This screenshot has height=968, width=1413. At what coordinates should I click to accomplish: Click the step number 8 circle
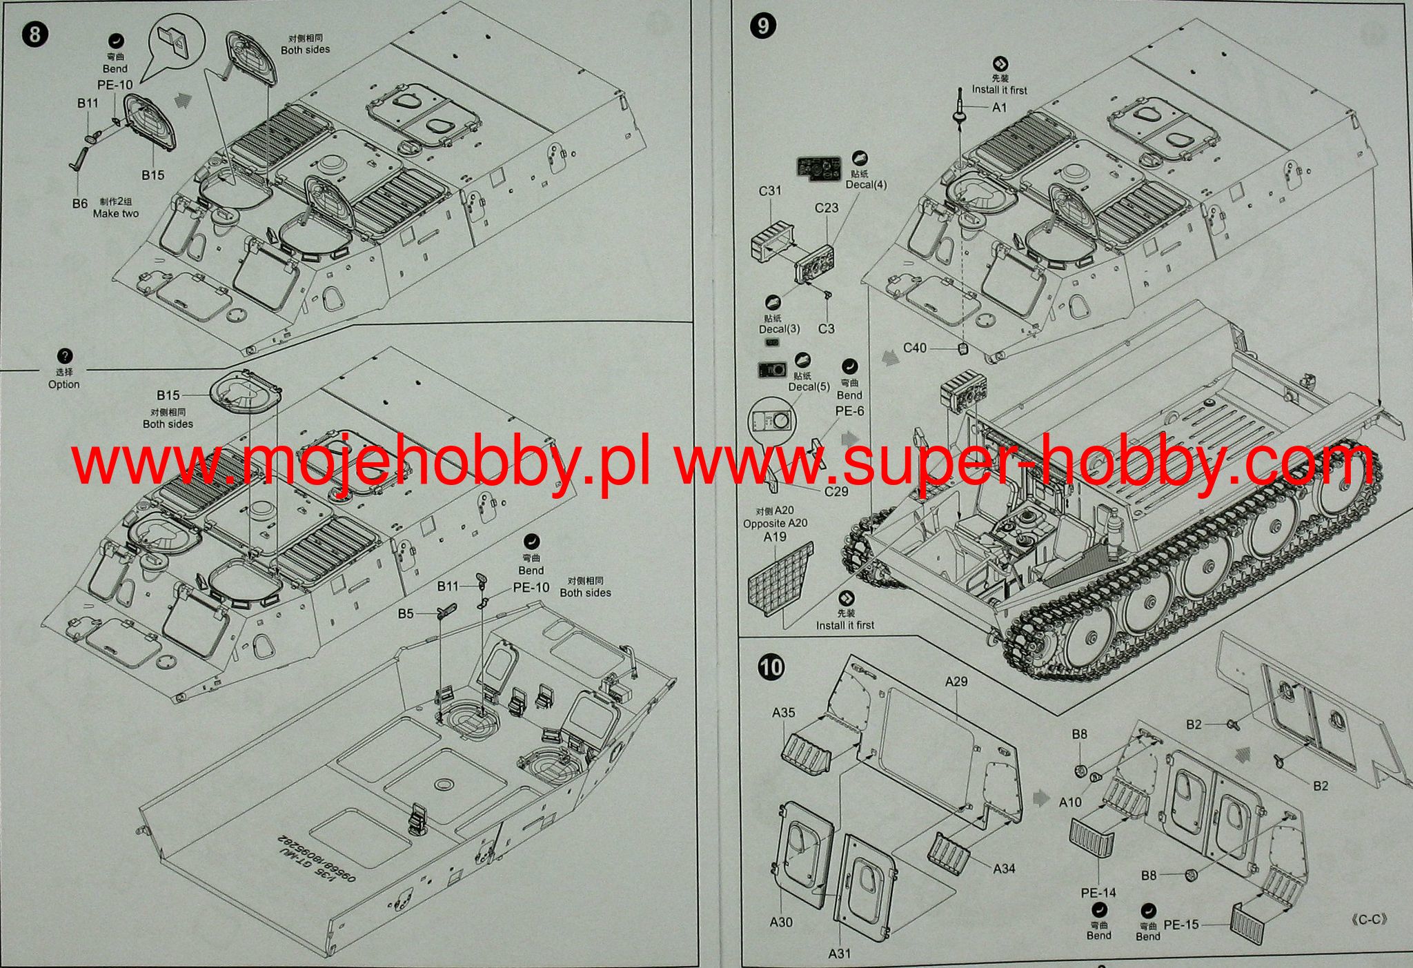coord(35,34)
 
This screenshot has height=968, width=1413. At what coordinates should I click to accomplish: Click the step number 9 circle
coord(763,26)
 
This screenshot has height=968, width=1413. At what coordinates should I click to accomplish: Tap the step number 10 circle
coord(771,667)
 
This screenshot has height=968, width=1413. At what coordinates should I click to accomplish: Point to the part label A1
coord(999,108)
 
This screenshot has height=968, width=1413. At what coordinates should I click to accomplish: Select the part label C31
coord(769,190)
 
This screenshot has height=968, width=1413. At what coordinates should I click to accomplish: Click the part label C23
coord(826,208)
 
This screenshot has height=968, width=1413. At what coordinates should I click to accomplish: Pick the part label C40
coord(915,348)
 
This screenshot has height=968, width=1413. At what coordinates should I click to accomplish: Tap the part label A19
coord(775,536)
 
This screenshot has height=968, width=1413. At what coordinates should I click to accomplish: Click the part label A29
coord(956,681)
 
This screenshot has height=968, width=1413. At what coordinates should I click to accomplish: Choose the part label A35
coord(783,713)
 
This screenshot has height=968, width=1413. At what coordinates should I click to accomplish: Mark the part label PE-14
coord(1098,893)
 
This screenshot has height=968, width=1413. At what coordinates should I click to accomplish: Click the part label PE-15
coord(1181,925)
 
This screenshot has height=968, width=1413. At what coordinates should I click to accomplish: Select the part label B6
coord(80,204)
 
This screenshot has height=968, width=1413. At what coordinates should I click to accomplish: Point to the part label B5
coord(406,613)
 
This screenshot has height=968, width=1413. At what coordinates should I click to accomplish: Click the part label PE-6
coord(849,411)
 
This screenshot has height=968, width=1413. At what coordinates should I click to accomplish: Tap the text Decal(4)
coord(866,184)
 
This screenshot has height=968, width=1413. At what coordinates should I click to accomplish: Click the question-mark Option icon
coord(64,357)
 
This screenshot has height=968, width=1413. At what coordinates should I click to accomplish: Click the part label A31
coord(840,954)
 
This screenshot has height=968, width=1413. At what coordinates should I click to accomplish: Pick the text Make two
coord(116,214)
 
